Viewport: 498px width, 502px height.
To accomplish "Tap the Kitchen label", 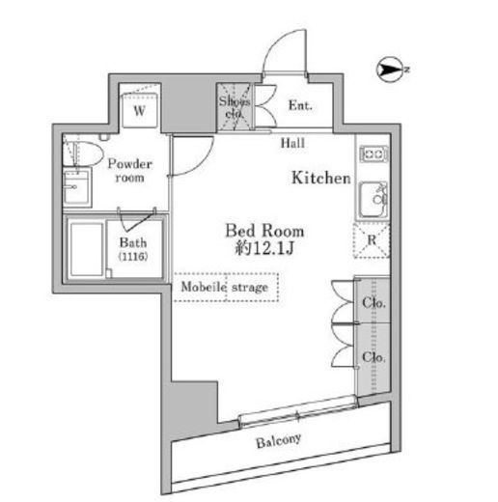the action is (x=320, y=178).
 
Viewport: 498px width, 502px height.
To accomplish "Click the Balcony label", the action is (x=279, y=441).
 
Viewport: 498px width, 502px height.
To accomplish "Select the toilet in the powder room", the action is (x=83, y=153).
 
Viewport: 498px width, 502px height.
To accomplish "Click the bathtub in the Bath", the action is (x=87, y=249).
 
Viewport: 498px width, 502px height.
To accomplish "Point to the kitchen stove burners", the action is (x=373, y=153).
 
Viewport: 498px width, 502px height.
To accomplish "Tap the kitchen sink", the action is (x=373, y=200).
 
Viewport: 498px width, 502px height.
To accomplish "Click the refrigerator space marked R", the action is (x=372, y=240).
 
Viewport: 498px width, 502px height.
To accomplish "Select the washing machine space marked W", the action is (x=140, y=110).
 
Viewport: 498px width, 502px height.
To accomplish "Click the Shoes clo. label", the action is (x=235, y=107).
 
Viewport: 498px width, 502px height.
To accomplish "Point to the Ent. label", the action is (x=300, y=105).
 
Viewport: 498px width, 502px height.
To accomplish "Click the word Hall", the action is (x=292, y=143).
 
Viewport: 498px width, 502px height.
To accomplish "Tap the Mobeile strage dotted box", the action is (x=226, y=287).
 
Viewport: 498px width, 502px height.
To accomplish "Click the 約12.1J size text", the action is (x=264, y=248).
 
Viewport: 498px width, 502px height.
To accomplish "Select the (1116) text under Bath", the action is (x=133, y=257).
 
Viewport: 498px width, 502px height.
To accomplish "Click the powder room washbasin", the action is (x=77, y=187).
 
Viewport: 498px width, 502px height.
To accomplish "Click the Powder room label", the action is (x=129, y=171).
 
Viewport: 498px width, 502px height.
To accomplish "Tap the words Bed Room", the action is (x=264, y=231).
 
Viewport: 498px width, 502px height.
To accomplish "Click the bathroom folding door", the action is (x=137, y=220).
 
